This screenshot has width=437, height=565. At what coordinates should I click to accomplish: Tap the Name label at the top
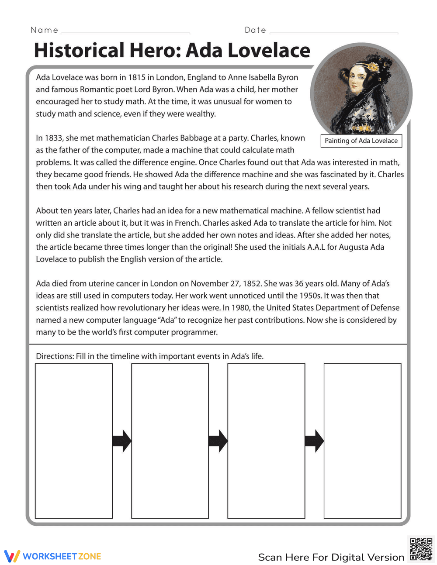(45, 30)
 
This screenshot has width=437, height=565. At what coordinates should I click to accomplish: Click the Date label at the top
(256, 30)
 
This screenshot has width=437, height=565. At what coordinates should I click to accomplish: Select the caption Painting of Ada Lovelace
(361, 141)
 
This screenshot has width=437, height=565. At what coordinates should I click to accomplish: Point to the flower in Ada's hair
(374, 67)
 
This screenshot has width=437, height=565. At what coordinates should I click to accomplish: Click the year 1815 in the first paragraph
(136, 77)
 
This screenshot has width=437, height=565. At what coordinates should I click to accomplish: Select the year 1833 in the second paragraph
(53, 138)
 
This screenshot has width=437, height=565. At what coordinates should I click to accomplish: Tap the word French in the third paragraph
(187, 223)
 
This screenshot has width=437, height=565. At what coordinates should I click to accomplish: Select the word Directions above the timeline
(55, 356)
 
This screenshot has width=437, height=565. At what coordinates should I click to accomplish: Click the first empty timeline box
(74, 441)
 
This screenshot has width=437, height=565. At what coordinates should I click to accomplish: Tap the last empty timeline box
(362, 441)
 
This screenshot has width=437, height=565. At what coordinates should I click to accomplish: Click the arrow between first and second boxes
(121, 441)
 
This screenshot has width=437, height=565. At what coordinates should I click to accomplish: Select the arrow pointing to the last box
(314, 441)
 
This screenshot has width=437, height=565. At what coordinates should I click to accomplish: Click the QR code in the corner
(421, 549)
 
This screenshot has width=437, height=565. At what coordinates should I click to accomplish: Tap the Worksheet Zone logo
(53, 556)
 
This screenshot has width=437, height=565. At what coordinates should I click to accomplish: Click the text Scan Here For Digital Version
(331, 557)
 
